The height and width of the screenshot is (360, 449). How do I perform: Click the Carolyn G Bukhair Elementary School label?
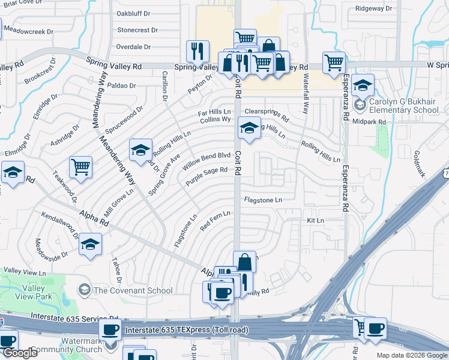[403, 106]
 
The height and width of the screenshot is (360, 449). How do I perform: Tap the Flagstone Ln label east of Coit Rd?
[262, 199]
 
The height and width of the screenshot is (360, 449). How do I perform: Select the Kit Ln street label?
[315, 221]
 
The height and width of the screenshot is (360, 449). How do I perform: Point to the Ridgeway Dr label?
[373, 8]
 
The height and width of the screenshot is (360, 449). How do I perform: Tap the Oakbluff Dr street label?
[136, 13]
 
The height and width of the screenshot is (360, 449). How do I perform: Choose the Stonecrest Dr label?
[137, 29]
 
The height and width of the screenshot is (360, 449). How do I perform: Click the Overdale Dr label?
[136, 46]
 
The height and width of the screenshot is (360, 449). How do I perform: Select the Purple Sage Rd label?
[206, 175]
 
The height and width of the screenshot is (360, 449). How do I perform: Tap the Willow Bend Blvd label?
[207, 160]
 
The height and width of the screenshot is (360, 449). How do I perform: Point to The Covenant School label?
[133, 290]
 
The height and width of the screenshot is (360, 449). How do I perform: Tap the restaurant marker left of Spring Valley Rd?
[197, 52]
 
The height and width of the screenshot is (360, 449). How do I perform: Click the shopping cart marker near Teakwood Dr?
[80, 167]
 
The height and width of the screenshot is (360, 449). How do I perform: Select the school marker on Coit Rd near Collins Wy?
[249, 127]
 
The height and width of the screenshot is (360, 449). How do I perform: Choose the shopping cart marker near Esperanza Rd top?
[333, 61]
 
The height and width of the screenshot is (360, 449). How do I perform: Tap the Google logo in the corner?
[20, 353]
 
